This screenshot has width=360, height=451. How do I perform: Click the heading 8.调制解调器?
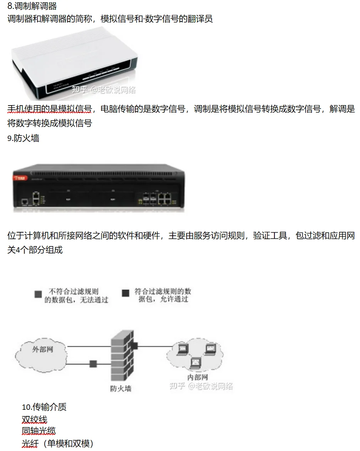[32, 6]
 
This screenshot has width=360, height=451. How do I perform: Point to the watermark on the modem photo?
[104, 90]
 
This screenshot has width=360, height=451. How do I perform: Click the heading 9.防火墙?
[23, 138]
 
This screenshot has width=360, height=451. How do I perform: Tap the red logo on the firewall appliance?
[19, 178]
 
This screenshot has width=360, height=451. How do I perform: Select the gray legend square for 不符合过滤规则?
[38, 294]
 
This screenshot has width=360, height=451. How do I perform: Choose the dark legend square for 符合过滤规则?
[126, 293]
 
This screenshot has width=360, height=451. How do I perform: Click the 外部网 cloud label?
[42, 350]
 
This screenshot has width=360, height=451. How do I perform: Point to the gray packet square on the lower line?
[93, 363]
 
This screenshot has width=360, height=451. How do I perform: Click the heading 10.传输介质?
[44, 407]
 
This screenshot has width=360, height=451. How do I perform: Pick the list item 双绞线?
[35, 419]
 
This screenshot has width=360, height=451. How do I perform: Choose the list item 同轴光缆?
[39, 431]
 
